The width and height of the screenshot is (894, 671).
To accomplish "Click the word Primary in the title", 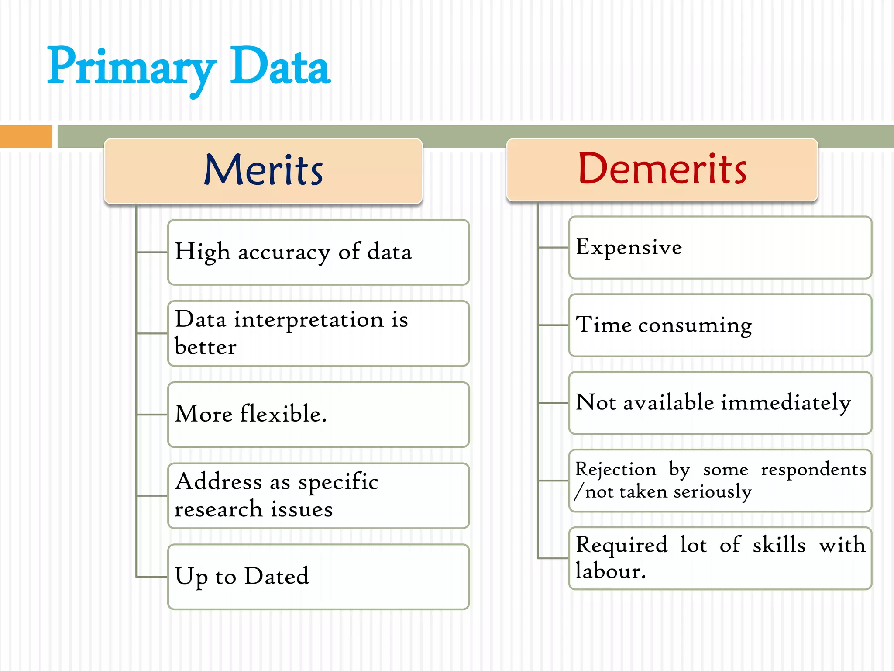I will [x=131, y=68].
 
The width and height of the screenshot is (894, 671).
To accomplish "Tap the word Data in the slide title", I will [x=280, y=68].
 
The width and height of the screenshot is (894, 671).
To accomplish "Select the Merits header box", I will [x=263, y=171].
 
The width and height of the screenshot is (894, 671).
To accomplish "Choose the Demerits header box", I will [x=662, y=170].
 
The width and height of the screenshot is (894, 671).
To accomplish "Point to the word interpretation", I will [x=309, y=320].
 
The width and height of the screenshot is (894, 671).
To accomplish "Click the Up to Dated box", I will [x=318, y=577].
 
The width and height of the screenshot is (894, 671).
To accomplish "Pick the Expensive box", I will [x=720, y=247].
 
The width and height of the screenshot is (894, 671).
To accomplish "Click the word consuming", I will [x=695, y=325].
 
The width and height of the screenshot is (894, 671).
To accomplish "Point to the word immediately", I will [x=785, y=403].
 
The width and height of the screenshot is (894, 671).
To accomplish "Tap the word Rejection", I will [x=615, y=470].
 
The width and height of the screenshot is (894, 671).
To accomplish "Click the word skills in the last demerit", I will [x=779, y=545].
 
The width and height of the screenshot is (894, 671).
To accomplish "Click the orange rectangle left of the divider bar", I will [x=26, y=136].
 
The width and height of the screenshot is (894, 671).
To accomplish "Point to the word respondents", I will [x=813, y=470].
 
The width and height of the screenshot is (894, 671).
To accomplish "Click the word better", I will [x=205, y=347].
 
